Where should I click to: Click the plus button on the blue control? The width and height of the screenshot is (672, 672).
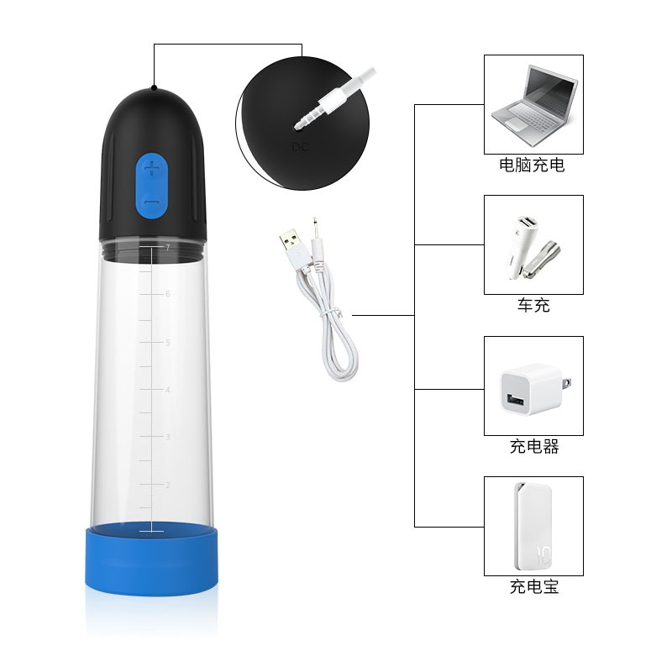point(152,169)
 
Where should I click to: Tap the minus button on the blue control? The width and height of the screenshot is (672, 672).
point(152,202)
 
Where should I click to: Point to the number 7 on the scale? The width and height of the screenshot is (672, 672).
point(167,247)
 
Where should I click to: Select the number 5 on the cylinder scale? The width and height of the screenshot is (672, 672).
point(167,343)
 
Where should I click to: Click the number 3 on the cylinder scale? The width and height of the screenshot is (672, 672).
point(167,437)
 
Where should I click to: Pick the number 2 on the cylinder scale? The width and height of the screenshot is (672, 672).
point(167,485)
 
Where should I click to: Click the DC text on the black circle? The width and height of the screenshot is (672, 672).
point(300,148)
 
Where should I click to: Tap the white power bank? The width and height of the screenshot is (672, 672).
point(533,527)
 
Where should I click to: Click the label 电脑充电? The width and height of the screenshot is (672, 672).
point(532,165)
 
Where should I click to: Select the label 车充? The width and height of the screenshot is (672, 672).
point(533,305)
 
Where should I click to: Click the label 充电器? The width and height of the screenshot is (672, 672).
point(534,447)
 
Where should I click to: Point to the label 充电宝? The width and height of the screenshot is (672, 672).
point(534,586)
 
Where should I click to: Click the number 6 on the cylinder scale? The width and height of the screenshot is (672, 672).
point(167,293)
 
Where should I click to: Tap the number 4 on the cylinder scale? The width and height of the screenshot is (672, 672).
point(167,390)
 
